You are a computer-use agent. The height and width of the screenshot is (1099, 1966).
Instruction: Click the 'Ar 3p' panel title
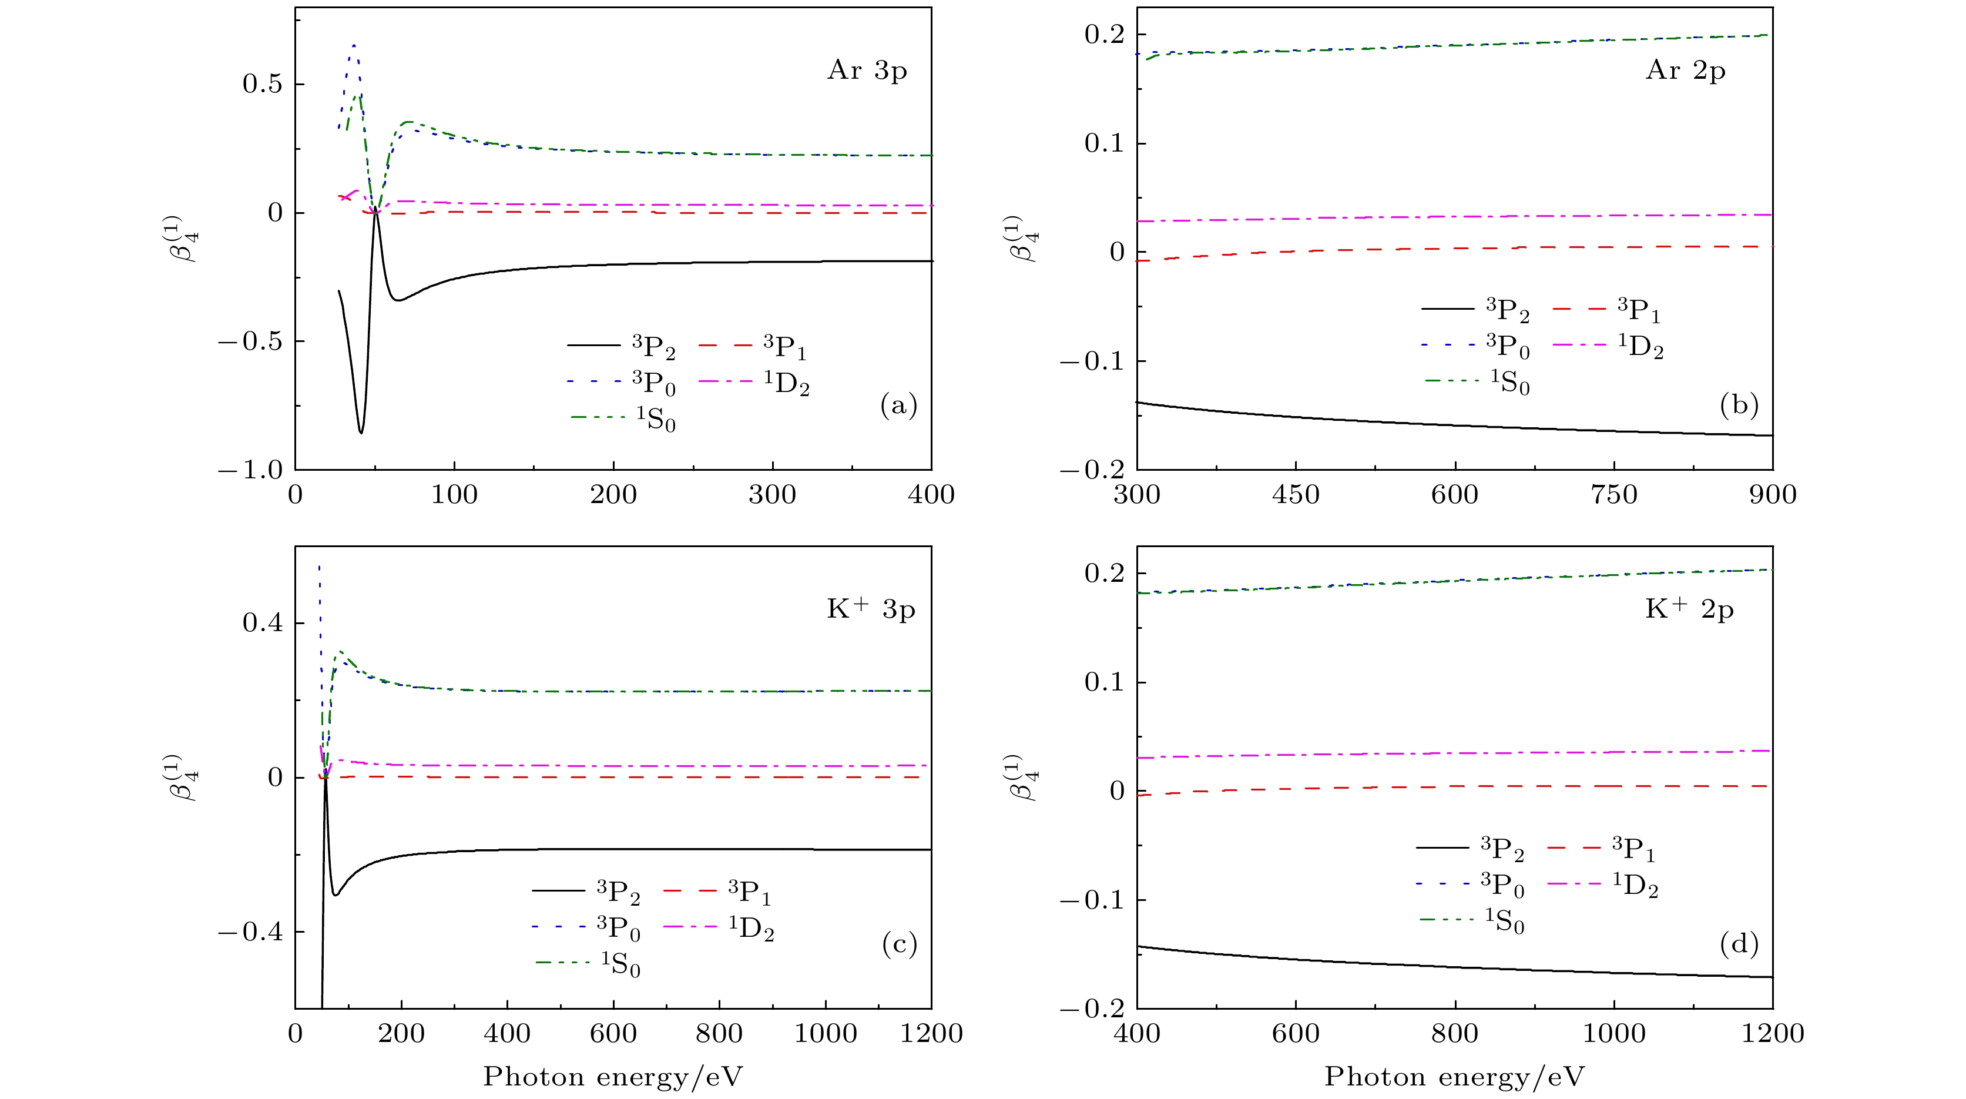(x=867, y=71)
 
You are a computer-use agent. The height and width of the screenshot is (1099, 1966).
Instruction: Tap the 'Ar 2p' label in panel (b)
(x=1685, y=71)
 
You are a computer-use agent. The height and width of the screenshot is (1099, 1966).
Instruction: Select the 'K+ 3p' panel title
(x=871, y=610)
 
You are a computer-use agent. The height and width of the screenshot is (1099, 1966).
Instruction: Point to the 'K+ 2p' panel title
(x=1689, y=610)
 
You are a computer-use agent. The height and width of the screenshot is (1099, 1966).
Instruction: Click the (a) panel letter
(x=898, y=406)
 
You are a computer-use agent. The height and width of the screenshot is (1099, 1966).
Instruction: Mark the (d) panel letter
(x=1739, y=945)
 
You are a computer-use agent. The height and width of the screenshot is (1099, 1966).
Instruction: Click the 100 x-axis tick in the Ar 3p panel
(x=454, y=495)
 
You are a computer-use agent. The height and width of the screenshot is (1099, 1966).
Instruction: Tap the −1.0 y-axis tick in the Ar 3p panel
(x=250, y=470)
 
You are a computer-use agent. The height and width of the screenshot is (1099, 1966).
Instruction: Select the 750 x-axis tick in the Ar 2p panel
(x=1613, y=495)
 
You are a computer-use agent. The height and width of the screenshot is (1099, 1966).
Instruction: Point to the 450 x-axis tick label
(x=1296, y=495)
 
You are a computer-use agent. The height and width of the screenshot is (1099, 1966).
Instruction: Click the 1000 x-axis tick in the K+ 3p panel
(x=825, y=1033)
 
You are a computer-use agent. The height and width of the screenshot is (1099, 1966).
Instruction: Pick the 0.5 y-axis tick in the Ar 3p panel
(x=263, y=84)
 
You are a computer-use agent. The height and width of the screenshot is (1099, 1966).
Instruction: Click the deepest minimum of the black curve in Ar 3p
(x=361, y=433)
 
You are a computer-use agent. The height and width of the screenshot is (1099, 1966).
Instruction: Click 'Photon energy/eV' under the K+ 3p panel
(x=613, y=1077)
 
